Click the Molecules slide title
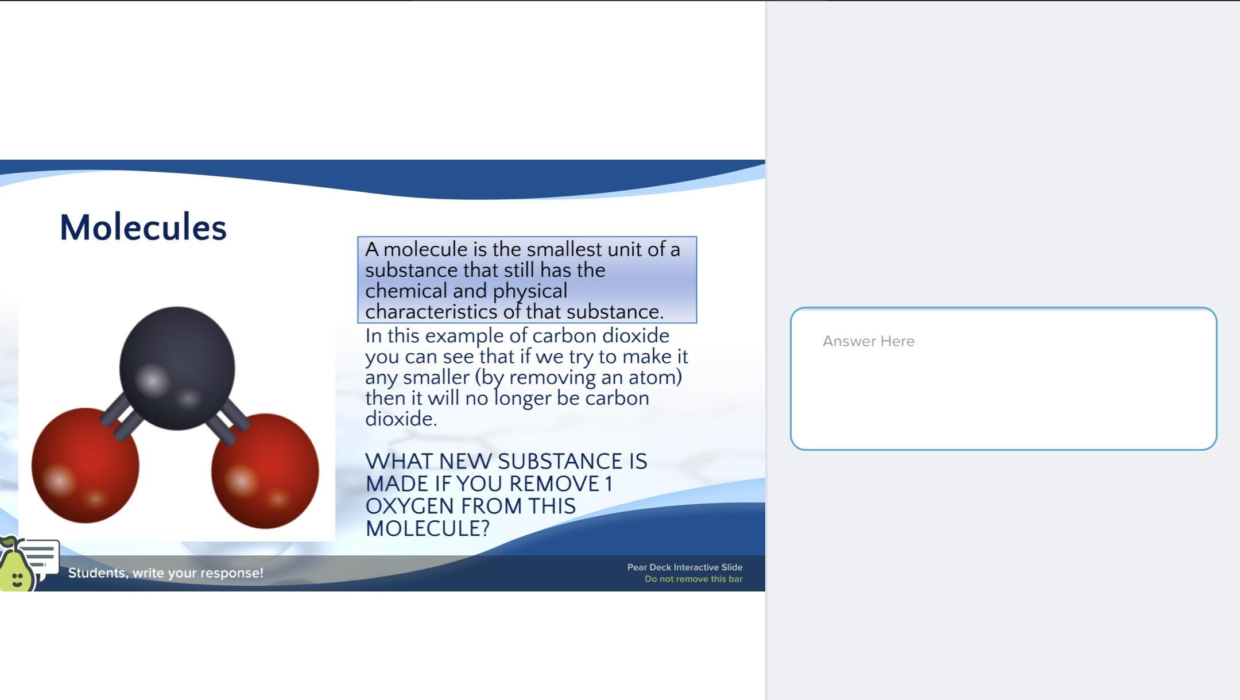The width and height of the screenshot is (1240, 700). click(143, 227)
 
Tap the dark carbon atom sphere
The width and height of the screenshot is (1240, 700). click(177, 368)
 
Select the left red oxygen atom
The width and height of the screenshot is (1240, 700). click(85, 466)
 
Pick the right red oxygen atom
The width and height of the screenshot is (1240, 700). click(265, 471)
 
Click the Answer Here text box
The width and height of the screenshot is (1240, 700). click(1003, 378)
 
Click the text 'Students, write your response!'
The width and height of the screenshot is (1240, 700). click(166, 573)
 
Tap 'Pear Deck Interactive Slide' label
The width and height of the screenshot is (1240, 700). click(685, 567)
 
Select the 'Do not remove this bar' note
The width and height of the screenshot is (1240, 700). click(693, 579)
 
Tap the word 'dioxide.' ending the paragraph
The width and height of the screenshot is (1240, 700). click(401, 419)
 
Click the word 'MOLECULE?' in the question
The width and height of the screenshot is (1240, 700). click(428, 528)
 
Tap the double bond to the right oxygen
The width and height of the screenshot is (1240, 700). click(228, 421)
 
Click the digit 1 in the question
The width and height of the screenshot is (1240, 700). click(609, 484)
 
